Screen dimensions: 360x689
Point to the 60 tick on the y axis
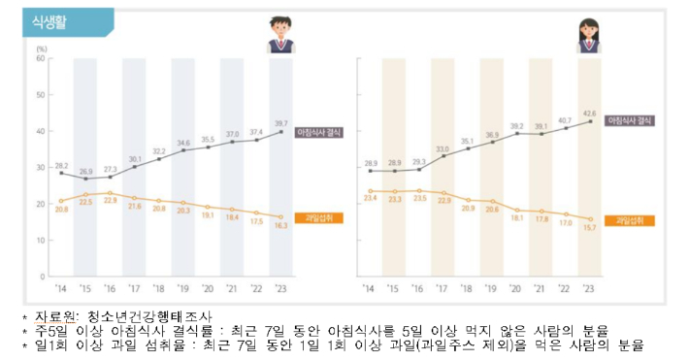42,58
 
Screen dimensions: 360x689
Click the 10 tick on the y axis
42,241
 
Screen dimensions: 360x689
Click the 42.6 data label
588,114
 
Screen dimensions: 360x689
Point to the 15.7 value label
588,227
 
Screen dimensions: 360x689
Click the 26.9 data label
85,171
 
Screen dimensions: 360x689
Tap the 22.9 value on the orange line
110,201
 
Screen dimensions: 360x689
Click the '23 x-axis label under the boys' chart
280,289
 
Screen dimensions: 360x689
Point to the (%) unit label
42,47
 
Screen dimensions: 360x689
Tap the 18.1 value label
515,218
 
